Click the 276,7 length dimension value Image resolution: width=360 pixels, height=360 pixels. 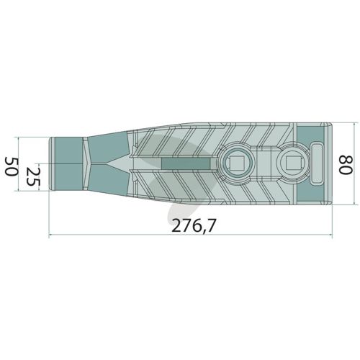pos(192,226)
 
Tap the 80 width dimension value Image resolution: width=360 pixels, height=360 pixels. pos(346,164)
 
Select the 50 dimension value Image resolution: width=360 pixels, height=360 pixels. pos(12,166)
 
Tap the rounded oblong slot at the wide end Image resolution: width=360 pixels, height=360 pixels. pos(318,163)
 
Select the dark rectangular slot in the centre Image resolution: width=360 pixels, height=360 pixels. pos(186,163)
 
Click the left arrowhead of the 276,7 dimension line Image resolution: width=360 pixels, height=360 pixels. pos(50,235)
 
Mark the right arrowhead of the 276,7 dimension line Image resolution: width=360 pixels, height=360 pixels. pos(331,235)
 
